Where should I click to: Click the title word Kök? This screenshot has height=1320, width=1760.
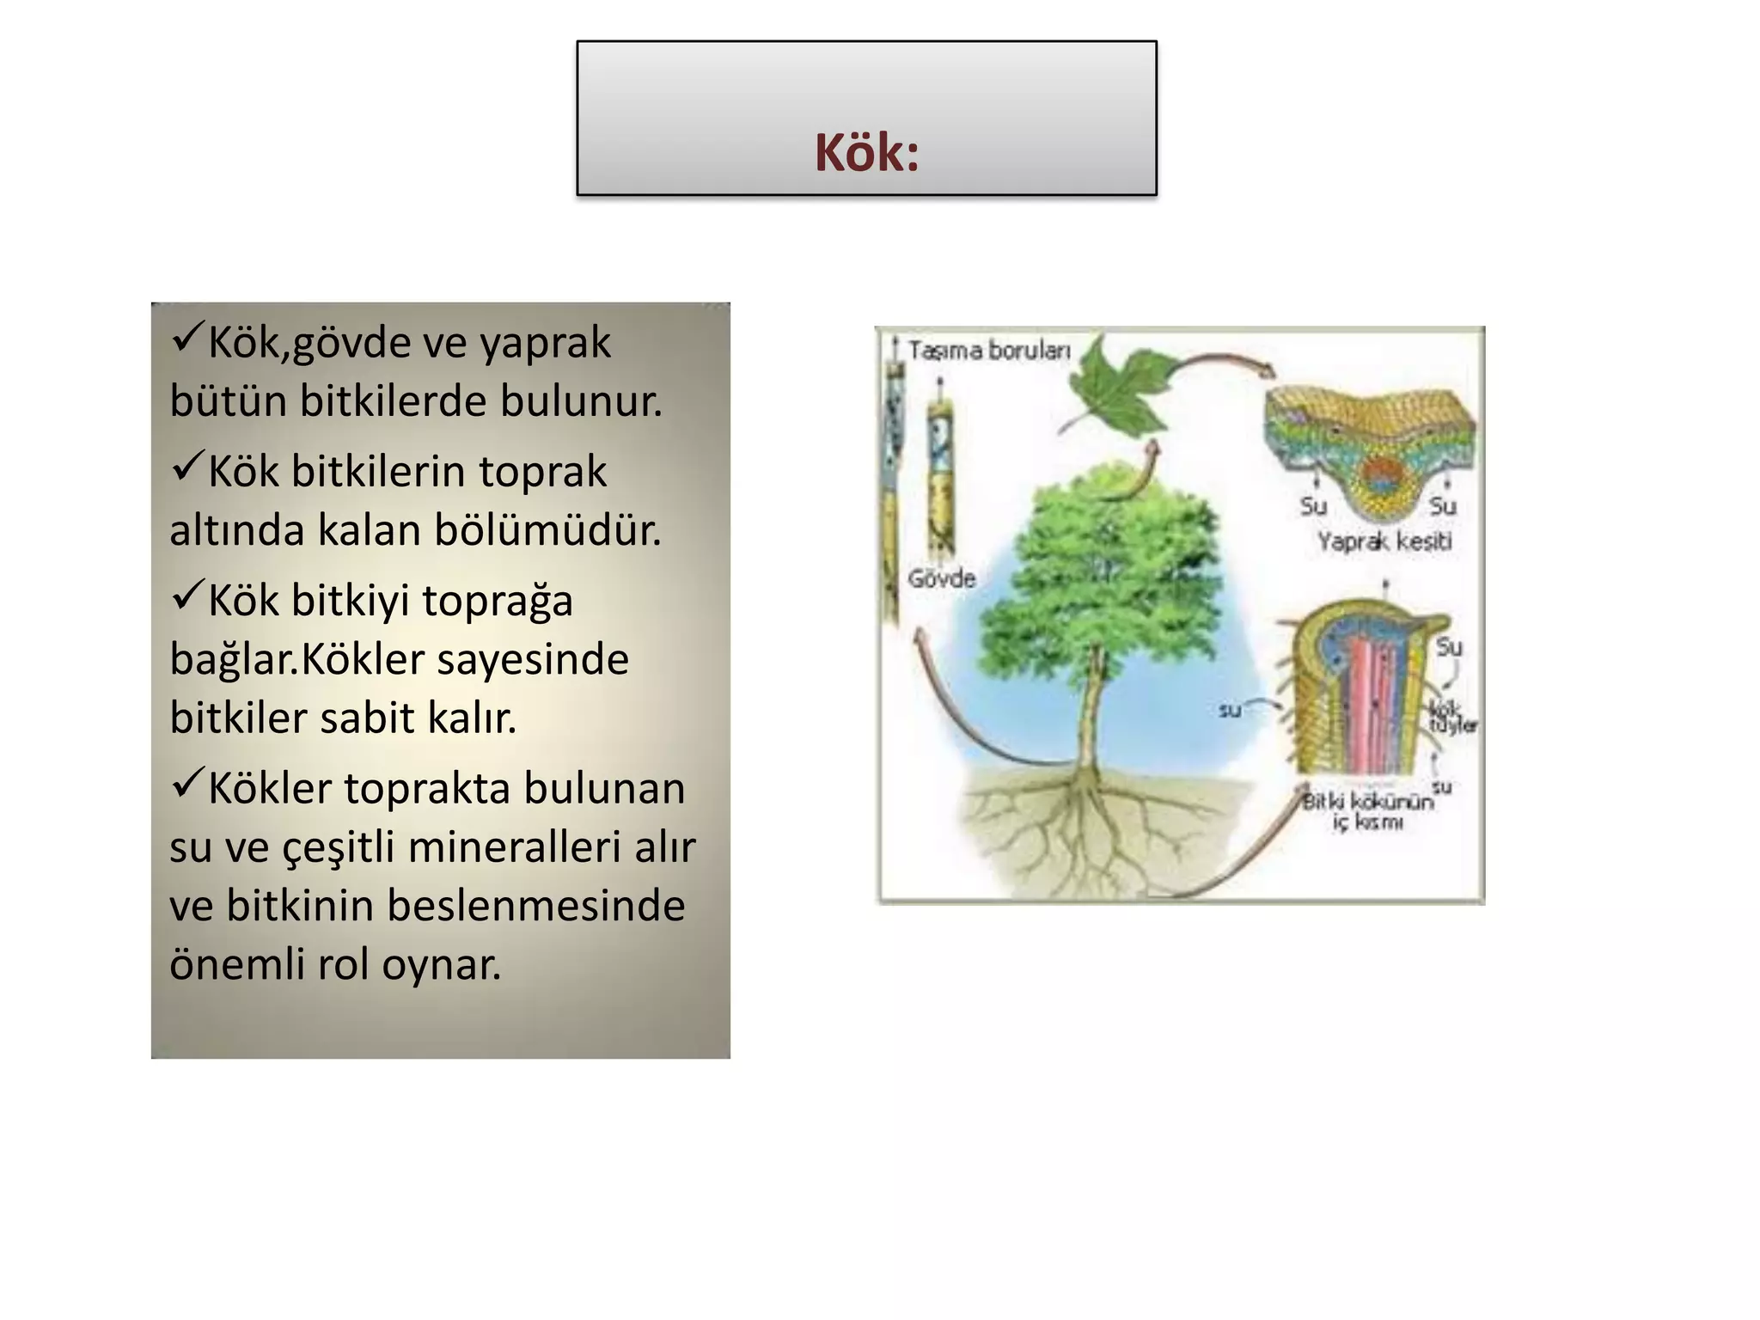coord(866,153)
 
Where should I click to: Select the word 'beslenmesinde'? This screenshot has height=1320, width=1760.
coord(536,906)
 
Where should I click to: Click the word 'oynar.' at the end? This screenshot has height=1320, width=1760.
coord(441,964)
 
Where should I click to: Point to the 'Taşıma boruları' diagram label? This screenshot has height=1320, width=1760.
coord(988,351)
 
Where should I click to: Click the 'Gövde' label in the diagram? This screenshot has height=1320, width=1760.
coord(942,578)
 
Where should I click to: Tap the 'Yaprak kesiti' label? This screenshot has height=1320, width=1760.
coord(1384,541)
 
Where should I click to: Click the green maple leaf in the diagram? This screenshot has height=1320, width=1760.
coord(1117,391)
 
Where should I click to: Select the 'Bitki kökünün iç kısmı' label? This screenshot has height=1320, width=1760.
coord(1368,811)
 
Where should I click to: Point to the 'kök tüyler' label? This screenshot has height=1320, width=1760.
coord(1452,718)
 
